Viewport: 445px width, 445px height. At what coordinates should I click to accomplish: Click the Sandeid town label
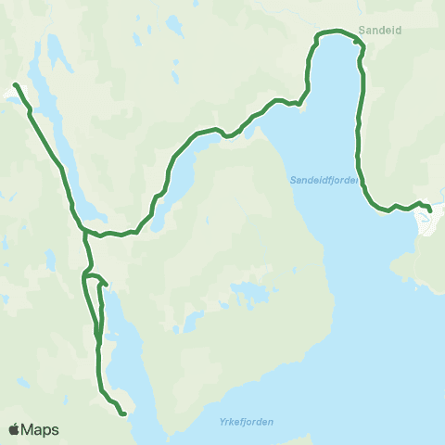[382, 30]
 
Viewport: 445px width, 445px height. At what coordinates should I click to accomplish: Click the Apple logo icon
[15, 429]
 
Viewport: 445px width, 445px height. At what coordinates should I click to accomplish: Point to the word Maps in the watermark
[41, 429]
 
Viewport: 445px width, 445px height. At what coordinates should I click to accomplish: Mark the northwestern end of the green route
[15, 85]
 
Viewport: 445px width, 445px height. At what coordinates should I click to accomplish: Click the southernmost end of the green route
[124, 415]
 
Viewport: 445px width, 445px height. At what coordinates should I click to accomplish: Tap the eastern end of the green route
[430, 210]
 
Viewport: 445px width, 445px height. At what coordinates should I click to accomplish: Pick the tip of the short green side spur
[108, 284]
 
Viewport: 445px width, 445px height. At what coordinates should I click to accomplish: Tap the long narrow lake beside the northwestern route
[56, 130]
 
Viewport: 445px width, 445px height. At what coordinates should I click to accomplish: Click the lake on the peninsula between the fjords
[248, 297]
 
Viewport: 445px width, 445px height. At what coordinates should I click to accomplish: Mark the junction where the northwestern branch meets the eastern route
[85, 229]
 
